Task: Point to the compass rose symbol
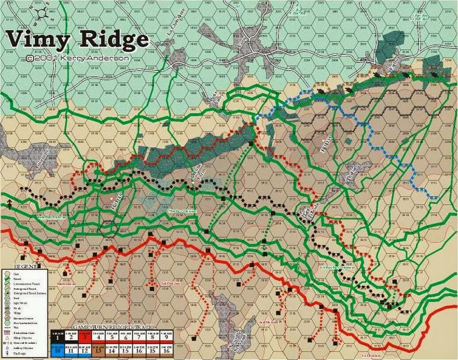click(41, 13)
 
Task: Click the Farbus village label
click(394, 67)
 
